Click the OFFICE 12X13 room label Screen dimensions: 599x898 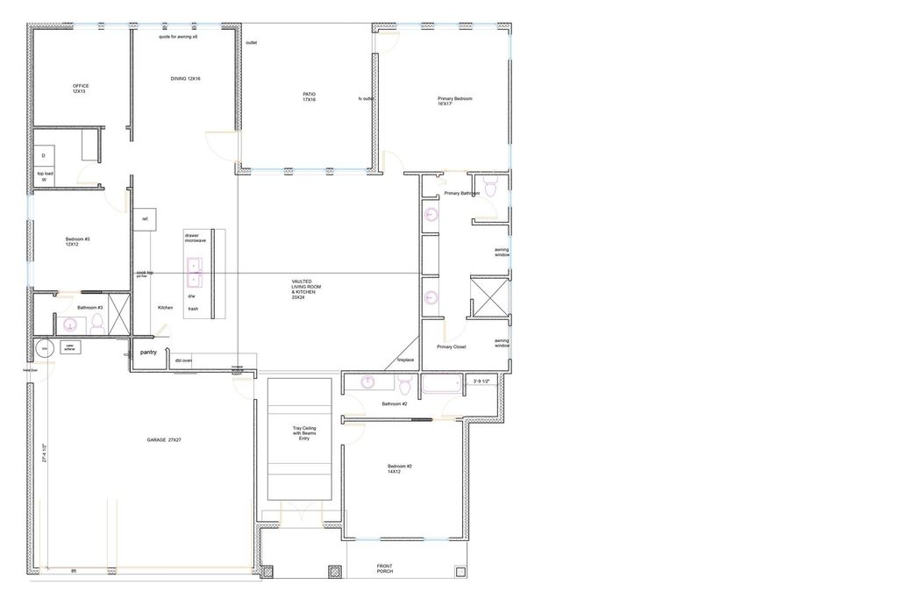click(80, 89)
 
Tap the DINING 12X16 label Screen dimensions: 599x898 click(185, 79)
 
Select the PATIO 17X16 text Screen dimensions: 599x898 click(309, 96)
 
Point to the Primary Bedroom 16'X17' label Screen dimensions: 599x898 click(455, 101)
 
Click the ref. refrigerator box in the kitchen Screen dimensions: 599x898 click(145, 219)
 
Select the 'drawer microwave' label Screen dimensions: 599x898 click(195, 238)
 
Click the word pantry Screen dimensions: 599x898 click(148, 353)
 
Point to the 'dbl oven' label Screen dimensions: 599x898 click(183, 360)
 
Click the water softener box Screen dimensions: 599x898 click(69, 347)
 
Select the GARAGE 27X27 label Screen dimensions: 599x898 click(163, 439)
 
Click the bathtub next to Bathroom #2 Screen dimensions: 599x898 click(440, 386)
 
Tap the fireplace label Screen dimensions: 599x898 click(405, 360)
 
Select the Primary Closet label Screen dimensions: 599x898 click(452, 346)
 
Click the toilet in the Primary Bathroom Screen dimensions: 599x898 click(491, 189)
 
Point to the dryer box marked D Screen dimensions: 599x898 click(44, 156)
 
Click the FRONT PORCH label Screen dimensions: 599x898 click(385, 569)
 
